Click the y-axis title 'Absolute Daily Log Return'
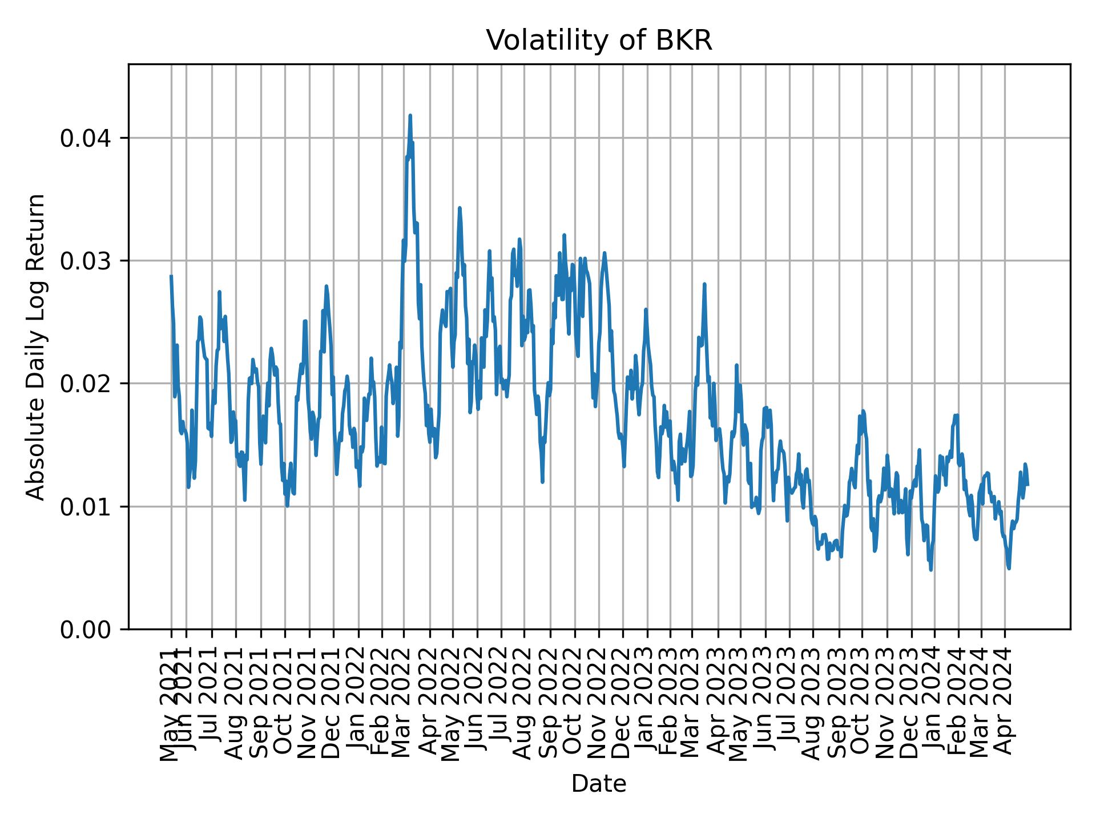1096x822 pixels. point(37,346)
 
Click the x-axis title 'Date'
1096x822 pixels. point(599,784)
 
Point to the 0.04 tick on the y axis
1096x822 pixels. point(90,138)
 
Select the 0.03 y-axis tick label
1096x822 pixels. point(90,261)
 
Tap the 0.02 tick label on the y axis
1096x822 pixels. point(90,384)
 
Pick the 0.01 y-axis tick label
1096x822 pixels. point(90,506)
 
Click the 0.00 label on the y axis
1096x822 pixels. point(90,629)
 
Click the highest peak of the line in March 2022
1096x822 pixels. point(410,115)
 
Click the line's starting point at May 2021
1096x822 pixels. point(171,276)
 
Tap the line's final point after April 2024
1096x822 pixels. point(1027,485)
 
